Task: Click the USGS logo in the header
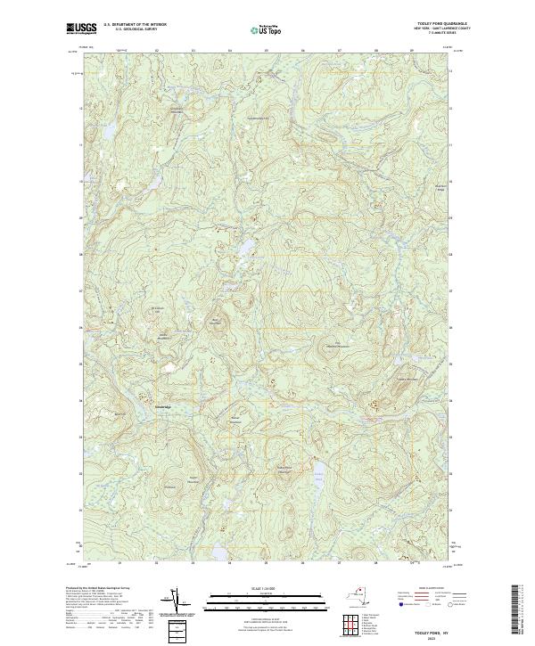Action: (78, 29)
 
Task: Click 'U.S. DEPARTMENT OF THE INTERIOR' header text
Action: (135, 25)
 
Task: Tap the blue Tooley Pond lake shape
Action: (316, 472)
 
